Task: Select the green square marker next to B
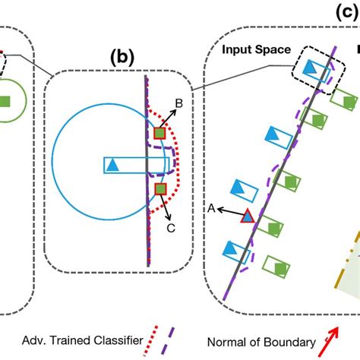coord(159,134)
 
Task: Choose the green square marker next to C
coord(159,188)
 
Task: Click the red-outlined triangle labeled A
coord(247,217)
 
